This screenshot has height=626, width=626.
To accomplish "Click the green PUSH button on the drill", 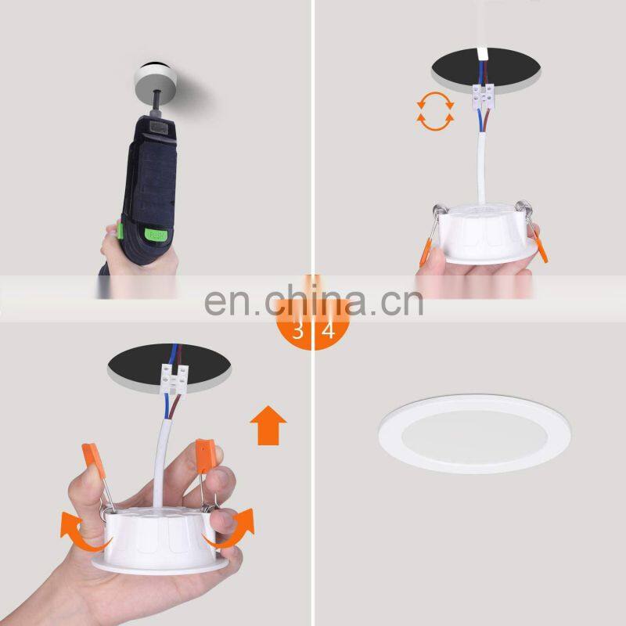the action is click(x=154, y=234).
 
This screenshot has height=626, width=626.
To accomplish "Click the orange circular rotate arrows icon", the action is click(x=435, y=111).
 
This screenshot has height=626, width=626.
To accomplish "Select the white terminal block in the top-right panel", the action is click(x=484, y=96).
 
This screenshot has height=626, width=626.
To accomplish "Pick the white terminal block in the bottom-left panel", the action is click(x=174, y=379).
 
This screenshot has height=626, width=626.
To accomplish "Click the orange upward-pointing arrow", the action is click(x=268, y=425).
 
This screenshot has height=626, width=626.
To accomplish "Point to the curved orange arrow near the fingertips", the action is click(x=232, y=528).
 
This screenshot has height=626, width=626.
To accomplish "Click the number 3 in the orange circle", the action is click(x=298, y=330).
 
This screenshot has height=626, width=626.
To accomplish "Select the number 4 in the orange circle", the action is click(x=328, y=330).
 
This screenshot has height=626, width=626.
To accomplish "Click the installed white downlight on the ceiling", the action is click(x=474, y=434).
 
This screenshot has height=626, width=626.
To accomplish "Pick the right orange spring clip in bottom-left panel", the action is click(x=206, y=455).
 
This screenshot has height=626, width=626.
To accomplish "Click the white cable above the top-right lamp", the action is click(x=482, y=168).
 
